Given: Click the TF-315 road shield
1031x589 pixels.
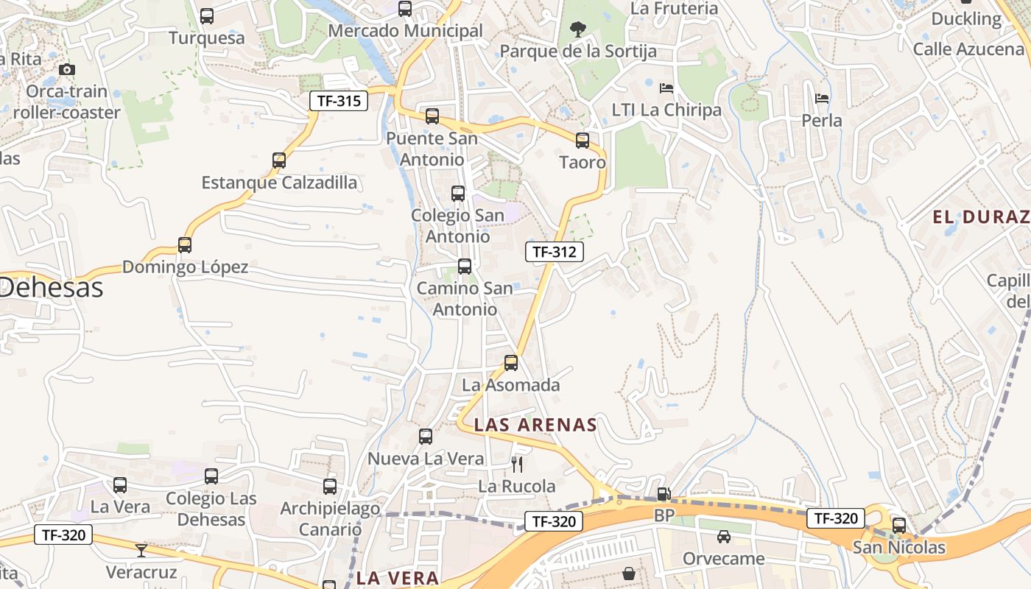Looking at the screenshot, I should pyautogui.click(x=339, y=101).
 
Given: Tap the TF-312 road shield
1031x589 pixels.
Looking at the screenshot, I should pyautogui.click(x=554, y=252).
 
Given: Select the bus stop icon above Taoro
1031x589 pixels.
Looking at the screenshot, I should pyautogui.click(x=583, y=140).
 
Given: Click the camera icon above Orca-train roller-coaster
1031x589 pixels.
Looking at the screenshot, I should pyautogui.click(x=67, y=69).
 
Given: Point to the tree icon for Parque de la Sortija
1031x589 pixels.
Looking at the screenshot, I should pyautogui.click(x=578, y=29).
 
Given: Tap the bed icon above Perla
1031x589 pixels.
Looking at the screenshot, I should pyautogui.click(x=822, y=98).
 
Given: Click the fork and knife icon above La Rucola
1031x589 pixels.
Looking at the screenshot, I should pyautogui.click(x=517, y=464).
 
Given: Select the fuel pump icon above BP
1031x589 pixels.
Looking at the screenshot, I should pyautogui.click(x=664, y=494).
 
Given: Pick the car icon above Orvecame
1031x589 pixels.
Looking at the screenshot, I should pyautogui.click(x=724, y=537).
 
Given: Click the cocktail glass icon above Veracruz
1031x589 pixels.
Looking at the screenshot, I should pyautogui.click(x=141, y=550).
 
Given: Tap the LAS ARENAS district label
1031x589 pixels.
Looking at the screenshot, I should pyautogui.click(x=535, y=425).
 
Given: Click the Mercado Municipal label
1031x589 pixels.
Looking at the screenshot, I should pyautogui.click(x=405, y=31).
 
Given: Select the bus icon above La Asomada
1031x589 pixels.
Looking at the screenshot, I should pyautogui.click(x=511, y=362).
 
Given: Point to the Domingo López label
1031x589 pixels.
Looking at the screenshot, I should pyautogui.click(x=185, y=267).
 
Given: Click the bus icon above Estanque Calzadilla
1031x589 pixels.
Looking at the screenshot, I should pyautogui.click(x=279, y=160).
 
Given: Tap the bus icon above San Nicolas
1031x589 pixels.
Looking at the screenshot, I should pyautogui.click(x=899, y=525).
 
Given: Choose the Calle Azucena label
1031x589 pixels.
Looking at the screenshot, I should pyautogui.click(x=968, y=49).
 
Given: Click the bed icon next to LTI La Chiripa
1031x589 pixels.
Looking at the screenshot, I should pyautogui.click(x=666, y=88).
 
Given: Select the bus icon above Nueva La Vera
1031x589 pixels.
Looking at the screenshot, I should pyautogui.click(x=426, y=436).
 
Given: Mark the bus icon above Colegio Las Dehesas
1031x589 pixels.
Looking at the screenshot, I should pyautogui.click(x=211, y=476).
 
